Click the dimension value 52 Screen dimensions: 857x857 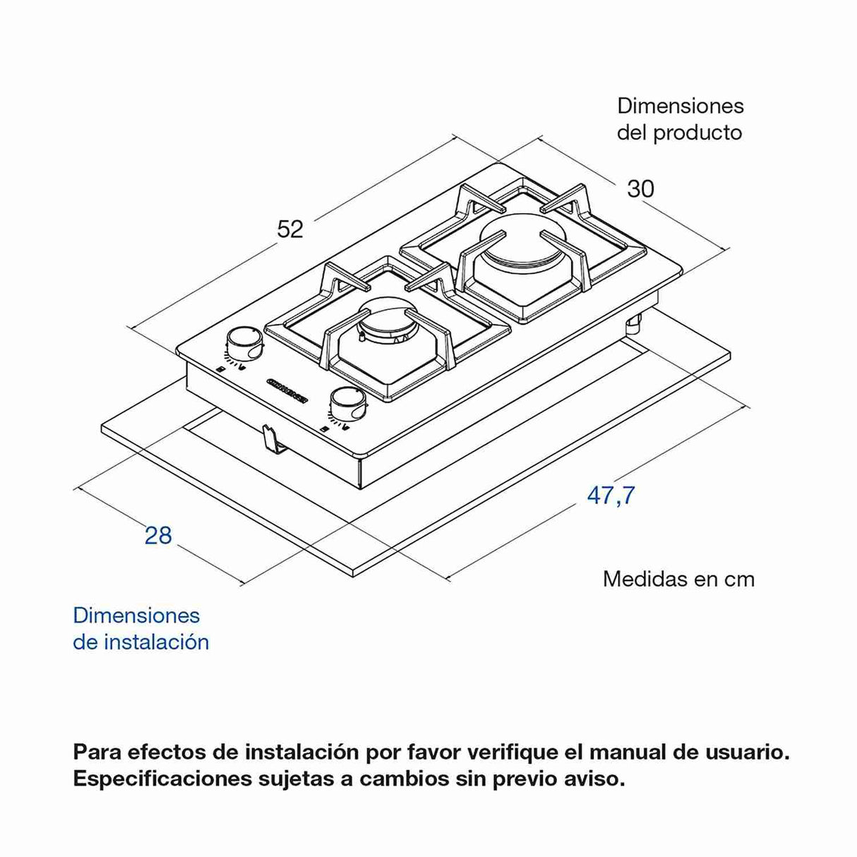(289, 229)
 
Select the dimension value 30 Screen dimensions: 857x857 (640, 188)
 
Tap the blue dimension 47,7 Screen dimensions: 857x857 (611, 496)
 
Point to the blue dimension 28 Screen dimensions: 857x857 (158, 536)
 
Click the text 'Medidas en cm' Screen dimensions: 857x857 (678, 579)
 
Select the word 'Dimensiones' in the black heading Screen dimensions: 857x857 (680, 106)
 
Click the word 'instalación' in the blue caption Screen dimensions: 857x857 (157, 642)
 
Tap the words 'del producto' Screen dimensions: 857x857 (679, 133)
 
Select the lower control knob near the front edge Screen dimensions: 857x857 (347, 404)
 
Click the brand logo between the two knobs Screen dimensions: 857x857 (288, 388)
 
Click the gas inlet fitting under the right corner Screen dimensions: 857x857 (633, 323)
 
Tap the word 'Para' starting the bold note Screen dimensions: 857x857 (96, 752)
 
